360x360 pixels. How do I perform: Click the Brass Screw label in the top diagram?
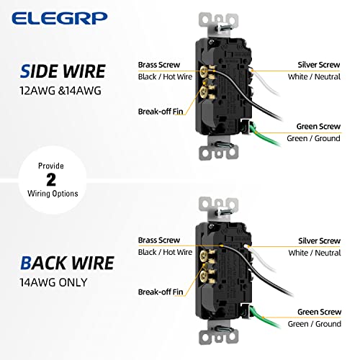[x=160, y=65]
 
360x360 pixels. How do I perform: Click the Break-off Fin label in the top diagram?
[x=162, y=111]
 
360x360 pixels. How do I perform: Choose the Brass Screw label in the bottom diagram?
[x=160, y=240]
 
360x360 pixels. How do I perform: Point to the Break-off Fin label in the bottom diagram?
[x=162, y=291]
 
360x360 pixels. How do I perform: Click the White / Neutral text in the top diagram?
[x=313, y=77]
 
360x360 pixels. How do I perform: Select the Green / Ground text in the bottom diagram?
[x=313, y=324]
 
